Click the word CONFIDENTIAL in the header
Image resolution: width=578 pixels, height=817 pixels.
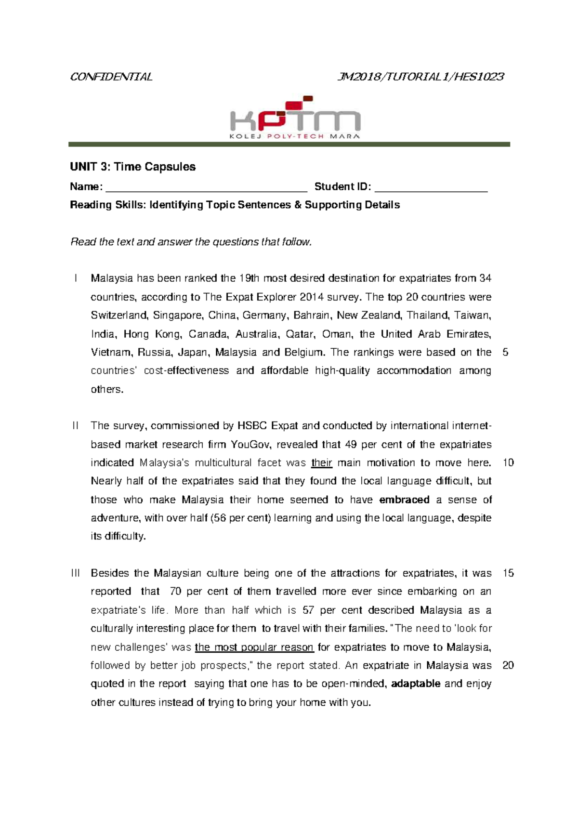click(x=111, y=77)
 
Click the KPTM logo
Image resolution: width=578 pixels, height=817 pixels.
click(x=295, y=118)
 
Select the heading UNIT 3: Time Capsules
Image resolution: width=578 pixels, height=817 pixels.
click(x=132, y=167)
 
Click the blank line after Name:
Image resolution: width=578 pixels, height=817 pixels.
click(x=206, y=188)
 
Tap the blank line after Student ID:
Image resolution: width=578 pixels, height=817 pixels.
click(x=431, y=188)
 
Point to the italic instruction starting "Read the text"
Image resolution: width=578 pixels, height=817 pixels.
click(x=191, y=242)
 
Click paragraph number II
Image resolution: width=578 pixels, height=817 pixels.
click(x=75, y=426)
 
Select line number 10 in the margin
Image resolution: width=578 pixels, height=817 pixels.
click(x=508, y=463)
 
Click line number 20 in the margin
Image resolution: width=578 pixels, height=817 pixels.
click(x=508, y=665)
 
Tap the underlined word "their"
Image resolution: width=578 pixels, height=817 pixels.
click(x=321, y=463)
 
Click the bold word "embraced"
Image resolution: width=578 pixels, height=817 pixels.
click(x=404, y=500)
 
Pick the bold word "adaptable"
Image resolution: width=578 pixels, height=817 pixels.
click(x=416, y=684)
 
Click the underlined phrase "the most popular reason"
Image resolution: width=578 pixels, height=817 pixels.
click(x=254, y=647)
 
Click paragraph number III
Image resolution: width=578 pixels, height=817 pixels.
click(x=76, y=573)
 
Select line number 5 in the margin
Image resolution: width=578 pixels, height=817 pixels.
click(x=505, y=352)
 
